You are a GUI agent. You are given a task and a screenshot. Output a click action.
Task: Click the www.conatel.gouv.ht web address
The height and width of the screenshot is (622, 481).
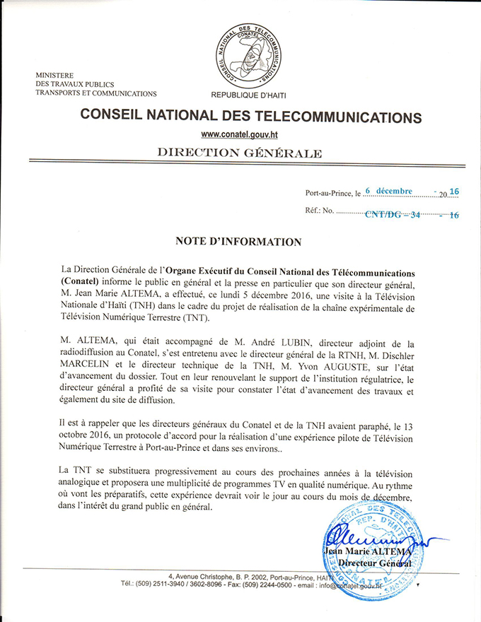tap(240, 134)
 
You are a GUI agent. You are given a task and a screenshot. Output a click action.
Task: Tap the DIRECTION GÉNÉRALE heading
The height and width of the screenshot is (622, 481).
tap(239, 153)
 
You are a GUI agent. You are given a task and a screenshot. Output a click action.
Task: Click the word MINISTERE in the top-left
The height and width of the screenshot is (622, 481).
tap(56, 75)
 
